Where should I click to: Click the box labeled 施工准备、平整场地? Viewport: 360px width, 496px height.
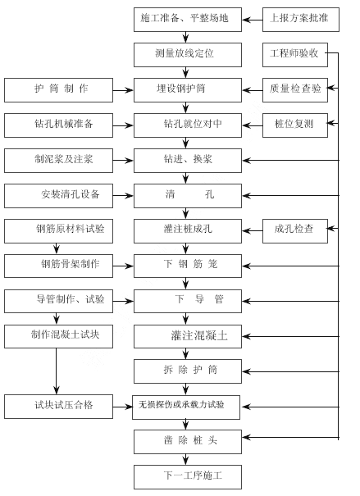pyautogui.click(x=188, y=20)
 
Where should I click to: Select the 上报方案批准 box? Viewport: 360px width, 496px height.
pyautogui.click(x=301, y=20)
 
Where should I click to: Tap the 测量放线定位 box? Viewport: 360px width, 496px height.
pyautogui.click(x=188, y=55)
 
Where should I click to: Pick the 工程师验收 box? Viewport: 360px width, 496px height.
pyautogui.click(x=295, y=55)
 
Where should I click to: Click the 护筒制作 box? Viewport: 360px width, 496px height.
pyautogui.click(x=58, y=90)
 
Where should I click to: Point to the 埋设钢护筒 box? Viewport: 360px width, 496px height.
pyautogui.click(x=188, y=90)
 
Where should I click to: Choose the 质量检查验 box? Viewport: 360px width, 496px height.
pyautogui.click(x=295, y=90)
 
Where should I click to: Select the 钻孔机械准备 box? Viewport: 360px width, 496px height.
pyautogui.click(x=58, y=125)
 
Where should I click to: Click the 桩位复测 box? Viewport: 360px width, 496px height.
pyautogui.click(x=295, y=125)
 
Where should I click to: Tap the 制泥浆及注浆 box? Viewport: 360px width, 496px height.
pyautogui.click(x=58, y=161)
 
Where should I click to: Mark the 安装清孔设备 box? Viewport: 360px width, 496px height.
pyautogui.click(x=58, y=196)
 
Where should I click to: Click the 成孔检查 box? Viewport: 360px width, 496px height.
pyautogui.click(x=295, y=231)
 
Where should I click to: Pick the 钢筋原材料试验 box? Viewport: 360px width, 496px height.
pyautogui.click(x=58, y=231)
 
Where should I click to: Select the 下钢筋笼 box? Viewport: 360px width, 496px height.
pyautogui.click(x=188, y=266)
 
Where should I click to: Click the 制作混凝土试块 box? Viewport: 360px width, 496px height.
pyautogui.click(x=58, y=336)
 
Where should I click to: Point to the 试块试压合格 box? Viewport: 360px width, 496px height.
pyautogui.click(x=58, y=407)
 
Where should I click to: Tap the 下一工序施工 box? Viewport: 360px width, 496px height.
pyautogui.click(x=188, y=477)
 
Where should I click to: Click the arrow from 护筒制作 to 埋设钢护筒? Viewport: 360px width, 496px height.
pyautogui.click(x=123, y=90)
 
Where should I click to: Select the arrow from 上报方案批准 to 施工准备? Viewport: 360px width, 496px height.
pyautogui.click(x=252, y=20)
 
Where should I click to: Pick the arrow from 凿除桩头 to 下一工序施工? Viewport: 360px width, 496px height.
pyautogui.click(x=185, y=459)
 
